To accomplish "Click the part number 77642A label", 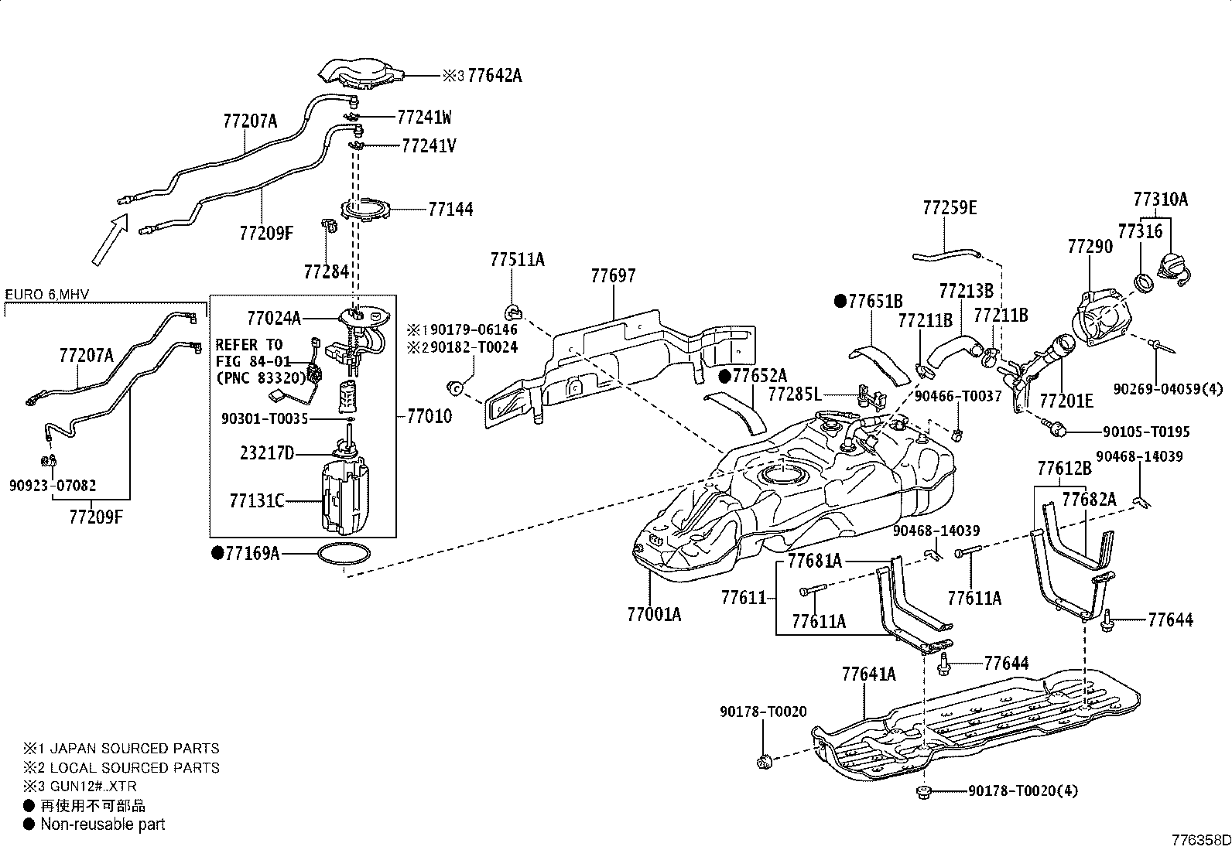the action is tap(495, 75).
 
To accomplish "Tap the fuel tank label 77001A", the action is tap(654, 614).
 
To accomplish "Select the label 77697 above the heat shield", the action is tap(613, 275).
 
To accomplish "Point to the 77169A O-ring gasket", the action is tap(344, 554).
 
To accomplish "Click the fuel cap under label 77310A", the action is tap(1174, 269).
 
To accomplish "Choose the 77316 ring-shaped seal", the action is tap(1145, 282).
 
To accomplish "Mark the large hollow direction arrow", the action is tap(110, 240).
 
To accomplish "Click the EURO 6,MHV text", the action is tap(46, 295).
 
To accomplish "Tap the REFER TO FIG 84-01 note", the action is tap(253, 353).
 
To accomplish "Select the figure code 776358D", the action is tap(1201, 840).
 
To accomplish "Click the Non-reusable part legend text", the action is tap(103, 824).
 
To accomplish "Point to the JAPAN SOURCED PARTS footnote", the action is tap(134, 748).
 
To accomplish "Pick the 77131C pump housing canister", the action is tap(345, 497).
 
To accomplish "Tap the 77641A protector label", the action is tap(869, 674).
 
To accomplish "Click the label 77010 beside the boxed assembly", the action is tap(429, 416).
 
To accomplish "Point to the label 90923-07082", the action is tap(53, 486).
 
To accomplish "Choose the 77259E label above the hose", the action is tap(950, 208).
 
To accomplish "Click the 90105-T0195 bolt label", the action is tap(1146, 432).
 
